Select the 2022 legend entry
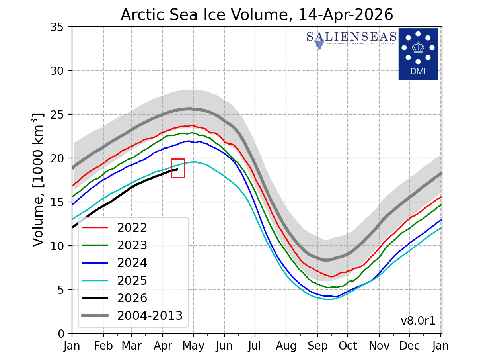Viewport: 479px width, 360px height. pos(132,228)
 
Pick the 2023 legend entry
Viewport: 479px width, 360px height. pos(132,245)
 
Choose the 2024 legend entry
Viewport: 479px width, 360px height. pos(132,263)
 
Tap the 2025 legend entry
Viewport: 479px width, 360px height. pos(132,280)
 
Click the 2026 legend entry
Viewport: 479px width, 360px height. pos(132,298)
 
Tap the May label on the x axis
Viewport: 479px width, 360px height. pos(194,346)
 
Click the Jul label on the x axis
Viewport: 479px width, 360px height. pos(255,346)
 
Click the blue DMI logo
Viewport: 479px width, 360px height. pos(418,54)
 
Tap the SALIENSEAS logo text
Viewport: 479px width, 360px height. pos(351,37)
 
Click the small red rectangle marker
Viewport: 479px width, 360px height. pos(178,168)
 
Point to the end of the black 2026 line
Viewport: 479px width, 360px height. pos(177,169)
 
